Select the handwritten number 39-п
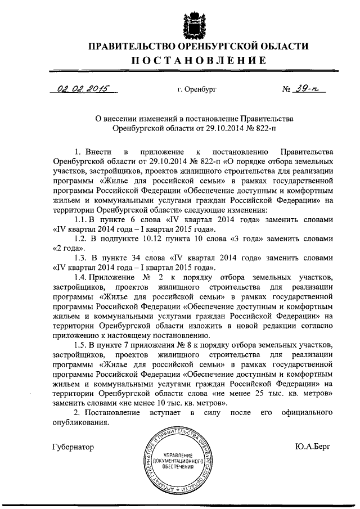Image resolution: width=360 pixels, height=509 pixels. (x=310, y=88)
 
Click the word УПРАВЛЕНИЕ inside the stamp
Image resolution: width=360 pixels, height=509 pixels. (x=178, y=454)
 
